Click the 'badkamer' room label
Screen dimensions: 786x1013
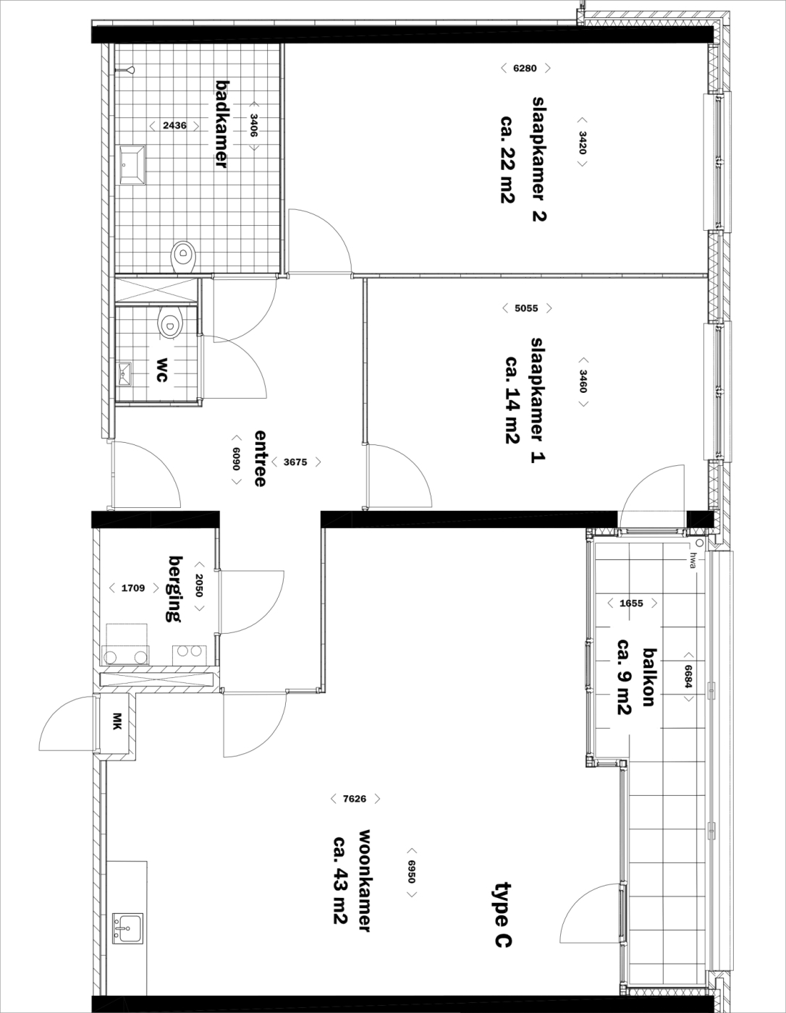point(222,124)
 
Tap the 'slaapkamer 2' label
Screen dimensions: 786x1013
point(539,159)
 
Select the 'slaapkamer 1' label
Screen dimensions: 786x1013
point(538,400)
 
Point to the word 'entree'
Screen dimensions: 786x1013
point(260,458)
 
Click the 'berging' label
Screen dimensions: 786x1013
point(175,588)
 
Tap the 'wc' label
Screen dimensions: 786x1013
point(162,370)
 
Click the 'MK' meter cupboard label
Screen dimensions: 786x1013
point(117,721)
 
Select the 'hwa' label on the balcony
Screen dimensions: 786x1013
point(693,560)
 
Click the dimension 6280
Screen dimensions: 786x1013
point(525,68)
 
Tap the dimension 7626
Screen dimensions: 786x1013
point(355,799)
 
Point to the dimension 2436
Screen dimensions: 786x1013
point(174,125)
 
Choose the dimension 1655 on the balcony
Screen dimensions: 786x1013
point(631,603)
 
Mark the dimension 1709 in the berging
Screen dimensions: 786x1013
point(133,588)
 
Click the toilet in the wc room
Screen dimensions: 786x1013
point(171,322)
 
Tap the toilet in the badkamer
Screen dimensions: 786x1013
point(184,257)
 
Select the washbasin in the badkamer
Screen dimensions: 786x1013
point(133,164)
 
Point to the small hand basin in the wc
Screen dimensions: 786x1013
point(124,374)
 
